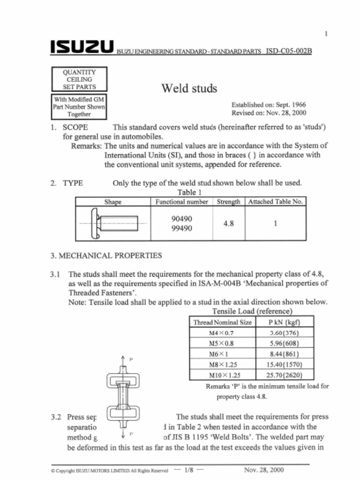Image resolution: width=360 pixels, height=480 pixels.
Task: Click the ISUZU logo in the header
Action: (x=82, y=48)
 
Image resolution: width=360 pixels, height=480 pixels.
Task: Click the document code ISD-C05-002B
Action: (x=288, y=50)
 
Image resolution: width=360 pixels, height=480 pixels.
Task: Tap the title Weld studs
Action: (x=189, y=88)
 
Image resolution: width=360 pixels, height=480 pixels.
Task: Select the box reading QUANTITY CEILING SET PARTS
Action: (x=79, y=79)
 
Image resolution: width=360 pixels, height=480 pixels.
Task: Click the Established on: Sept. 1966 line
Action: (x=269, y=105)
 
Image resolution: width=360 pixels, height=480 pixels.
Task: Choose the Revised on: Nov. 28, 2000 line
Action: (x=269, y=113)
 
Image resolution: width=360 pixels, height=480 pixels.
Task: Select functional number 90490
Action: (x=182, y=219)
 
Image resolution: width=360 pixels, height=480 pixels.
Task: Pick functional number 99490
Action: (x=182, y=228)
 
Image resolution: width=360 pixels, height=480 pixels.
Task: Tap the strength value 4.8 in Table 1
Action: (x=228, y=224)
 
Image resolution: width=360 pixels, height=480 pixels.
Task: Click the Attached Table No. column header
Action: (x=276, y=202)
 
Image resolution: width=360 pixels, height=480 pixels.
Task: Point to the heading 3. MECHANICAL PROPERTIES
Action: (x=106, y=255)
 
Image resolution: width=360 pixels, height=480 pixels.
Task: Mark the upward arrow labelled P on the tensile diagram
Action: (x=122, y=360)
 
